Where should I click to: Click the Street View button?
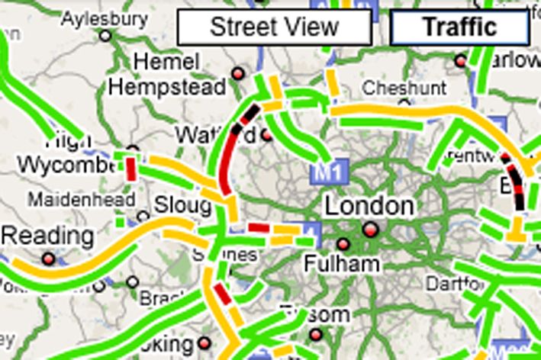pos(274,27)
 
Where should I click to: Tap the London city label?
pos(370,206)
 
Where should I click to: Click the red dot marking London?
pos(371,229)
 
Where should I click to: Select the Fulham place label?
pos(342,264)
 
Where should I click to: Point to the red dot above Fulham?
pos(343,244)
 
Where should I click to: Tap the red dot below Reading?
pos(49,259)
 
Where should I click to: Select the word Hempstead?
pos(167,86)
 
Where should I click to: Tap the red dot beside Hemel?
pos(237,73)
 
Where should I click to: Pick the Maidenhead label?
pos(82,200)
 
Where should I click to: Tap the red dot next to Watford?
pos(266,135)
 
